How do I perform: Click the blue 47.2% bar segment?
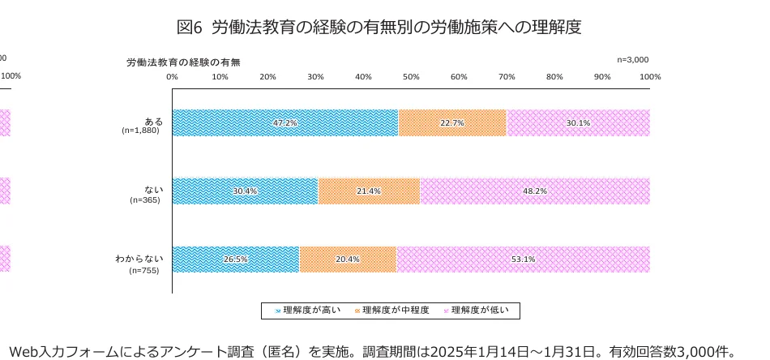pos(284,122)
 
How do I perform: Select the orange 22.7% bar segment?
pos(452,122)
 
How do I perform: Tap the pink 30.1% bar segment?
pos(578,122)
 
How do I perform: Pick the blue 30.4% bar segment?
pos(245,191)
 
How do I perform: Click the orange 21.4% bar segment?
pos(369,191)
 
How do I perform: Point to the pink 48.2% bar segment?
pos(535,191)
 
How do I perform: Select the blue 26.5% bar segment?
pos(235,259)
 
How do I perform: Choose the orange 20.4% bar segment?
pos(348,259)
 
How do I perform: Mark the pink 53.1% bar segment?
pos(523,259)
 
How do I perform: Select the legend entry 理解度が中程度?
pos(396,310)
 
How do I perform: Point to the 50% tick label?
pos(411,76)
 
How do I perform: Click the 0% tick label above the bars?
pos(172,76)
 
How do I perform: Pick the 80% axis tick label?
pos(554,76)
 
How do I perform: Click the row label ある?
pos(153,121)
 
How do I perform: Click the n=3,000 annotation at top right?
pos(632,59)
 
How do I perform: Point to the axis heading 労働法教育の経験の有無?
pos(183,62)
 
